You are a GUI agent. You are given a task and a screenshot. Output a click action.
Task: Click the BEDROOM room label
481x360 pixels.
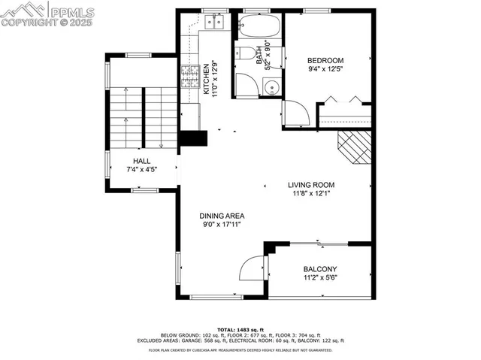click(x=325, y=61)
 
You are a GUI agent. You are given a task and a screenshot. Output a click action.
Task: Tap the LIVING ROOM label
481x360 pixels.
click(x=310, y=184)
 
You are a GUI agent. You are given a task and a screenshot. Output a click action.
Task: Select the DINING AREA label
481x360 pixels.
click(x=222, y=216)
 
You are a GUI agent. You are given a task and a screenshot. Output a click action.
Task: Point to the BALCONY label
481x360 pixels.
click(x=319, y=269)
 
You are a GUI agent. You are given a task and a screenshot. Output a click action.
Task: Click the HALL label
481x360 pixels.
click(x=142, y=161)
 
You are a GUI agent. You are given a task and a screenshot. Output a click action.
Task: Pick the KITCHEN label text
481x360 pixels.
click(x=206, y=77)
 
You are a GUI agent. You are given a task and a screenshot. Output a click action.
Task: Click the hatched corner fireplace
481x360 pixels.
click(x=355, y=147)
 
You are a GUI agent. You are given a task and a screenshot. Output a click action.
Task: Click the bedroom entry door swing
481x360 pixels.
click(x=296, y=113)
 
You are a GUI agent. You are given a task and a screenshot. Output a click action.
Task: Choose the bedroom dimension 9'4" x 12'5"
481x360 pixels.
click(x=325, y=71)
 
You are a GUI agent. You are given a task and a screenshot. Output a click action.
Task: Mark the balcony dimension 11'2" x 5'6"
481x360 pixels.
click(x=319, y=278)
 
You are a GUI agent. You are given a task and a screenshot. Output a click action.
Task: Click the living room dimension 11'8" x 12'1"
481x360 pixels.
click(x=310, y=193)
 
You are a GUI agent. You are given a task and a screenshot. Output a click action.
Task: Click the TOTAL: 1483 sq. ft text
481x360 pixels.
click(x=240, y=330)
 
